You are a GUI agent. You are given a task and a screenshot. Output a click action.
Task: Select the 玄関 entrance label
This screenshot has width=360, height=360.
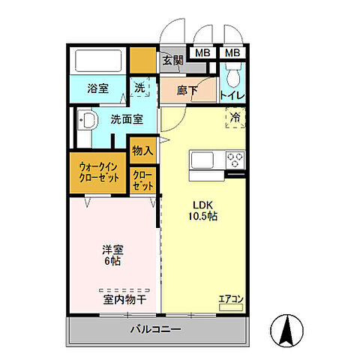point(172,61)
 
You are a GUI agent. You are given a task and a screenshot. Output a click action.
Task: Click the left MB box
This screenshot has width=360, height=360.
point(202,53)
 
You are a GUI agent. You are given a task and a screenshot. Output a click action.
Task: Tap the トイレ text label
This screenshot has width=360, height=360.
point(232,96)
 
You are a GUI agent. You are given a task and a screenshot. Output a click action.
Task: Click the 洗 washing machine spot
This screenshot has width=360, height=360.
point(139,88)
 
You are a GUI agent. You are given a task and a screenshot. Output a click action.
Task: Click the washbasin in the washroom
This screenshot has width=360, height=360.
point(87,120)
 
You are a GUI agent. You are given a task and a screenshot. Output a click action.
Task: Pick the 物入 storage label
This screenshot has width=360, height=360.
point(142,151)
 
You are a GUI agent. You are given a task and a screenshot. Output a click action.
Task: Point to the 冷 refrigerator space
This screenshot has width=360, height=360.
point(235,117)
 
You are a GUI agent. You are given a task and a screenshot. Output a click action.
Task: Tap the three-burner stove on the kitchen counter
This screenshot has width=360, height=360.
point(235,160)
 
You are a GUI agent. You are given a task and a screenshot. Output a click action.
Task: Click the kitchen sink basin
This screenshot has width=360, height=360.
point(203,160)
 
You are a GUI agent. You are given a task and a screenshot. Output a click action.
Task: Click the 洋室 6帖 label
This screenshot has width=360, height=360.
point(112,256)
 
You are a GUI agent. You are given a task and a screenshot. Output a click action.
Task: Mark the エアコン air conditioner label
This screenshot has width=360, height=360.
point(231,299)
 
